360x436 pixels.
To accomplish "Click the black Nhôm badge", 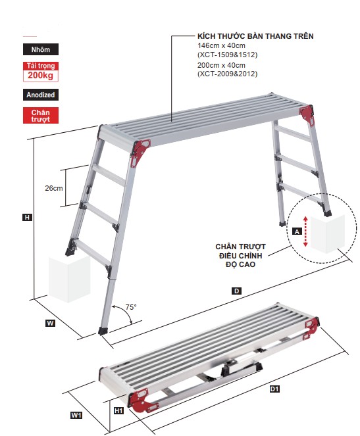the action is click(41, 49).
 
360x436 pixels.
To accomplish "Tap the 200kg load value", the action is click(41, 76).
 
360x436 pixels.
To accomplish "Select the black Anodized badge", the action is click(41, 95).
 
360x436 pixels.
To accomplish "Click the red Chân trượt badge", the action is click(41, 115).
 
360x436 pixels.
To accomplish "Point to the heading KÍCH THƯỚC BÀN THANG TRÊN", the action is click(255, 36).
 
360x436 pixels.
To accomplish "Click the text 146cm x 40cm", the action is click(221, 45).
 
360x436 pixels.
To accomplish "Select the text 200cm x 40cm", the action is click(221, 65).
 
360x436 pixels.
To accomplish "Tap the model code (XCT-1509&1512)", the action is click(228, 55).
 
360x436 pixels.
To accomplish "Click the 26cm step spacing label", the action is click(54, 188).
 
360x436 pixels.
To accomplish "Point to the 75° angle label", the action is click(131, 307).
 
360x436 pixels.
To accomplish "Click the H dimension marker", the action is click(27, 217).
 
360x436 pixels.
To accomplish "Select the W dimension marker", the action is click(50, 323).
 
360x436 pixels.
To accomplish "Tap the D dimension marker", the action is click(236, 291).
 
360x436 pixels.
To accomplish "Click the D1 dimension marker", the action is click(274, 389).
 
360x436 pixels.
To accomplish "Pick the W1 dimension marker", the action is click(76, 415).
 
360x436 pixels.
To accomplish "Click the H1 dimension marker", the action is click(118, 410).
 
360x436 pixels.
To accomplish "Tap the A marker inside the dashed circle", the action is click(297, 231).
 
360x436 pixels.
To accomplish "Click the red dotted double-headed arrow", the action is click(305, 231).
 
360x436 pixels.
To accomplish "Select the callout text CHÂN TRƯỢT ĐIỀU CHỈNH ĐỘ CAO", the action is click(240, 256).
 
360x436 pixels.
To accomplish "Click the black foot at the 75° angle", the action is click(103, 331).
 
